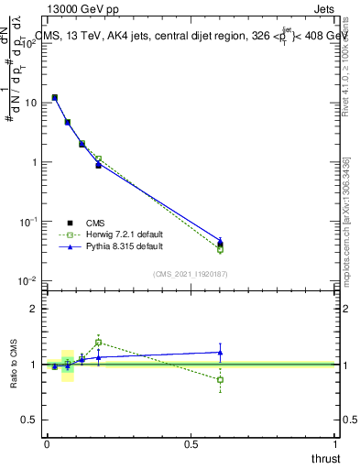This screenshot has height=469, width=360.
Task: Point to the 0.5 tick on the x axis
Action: coord(191,443)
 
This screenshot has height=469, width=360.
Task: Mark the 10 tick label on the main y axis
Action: coord(31,103)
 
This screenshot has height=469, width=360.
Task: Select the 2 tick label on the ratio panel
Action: coord(35,309)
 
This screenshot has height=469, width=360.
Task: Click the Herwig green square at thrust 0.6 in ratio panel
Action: coord(220,379)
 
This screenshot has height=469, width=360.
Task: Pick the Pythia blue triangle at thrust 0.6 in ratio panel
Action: coord(220,352)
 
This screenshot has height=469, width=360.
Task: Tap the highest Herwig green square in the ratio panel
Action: coord(98,343)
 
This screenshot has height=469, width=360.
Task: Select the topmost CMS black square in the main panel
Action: coord(55,97)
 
